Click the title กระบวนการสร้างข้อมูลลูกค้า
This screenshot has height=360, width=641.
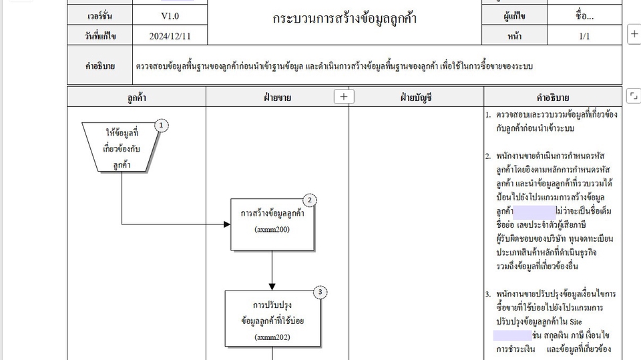pos(345,19)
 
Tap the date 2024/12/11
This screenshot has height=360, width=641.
pos(170,36)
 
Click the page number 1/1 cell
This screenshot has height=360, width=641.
pos(584,36)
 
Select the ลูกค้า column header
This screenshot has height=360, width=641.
pos(136,98)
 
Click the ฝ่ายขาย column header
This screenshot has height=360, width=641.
pos(277,98)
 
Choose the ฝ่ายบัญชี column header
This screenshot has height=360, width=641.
pos(416,98)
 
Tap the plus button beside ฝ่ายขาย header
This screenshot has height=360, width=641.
pos(343,97)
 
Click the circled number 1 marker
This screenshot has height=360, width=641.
pos(161,125)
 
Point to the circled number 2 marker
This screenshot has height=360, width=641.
pos(310,200)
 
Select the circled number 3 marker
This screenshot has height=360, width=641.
pos(320,292)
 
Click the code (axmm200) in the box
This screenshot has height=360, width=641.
pos(272,230)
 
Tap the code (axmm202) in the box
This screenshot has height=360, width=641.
pos(272,337)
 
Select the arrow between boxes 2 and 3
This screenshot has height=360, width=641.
pos(272,270)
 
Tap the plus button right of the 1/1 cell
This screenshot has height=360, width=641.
pos(634,33)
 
